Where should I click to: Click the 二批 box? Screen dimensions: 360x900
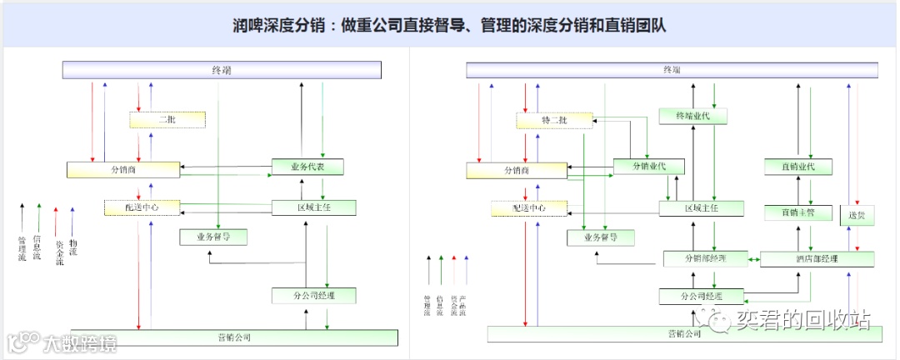click(167, 120)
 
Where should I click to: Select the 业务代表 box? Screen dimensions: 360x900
click(307, 167)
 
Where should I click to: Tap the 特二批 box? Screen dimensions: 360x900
click(553, 121)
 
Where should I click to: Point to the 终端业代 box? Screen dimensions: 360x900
click(694, 117)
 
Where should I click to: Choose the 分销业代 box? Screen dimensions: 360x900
click(648, 167)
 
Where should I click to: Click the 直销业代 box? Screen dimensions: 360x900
click(798, 167)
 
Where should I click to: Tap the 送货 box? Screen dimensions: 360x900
click(856, 215)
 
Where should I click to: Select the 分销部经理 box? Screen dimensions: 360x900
click(705, 258)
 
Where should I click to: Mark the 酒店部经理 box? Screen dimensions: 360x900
click(817, 259)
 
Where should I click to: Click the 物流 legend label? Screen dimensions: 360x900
click(73, 247)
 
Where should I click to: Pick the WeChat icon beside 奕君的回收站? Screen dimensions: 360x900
click(714, 318)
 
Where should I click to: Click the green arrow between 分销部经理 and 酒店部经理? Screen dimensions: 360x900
click(754, 259)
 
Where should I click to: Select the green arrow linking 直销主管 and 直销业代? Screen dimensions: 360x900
click(810, 189)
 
